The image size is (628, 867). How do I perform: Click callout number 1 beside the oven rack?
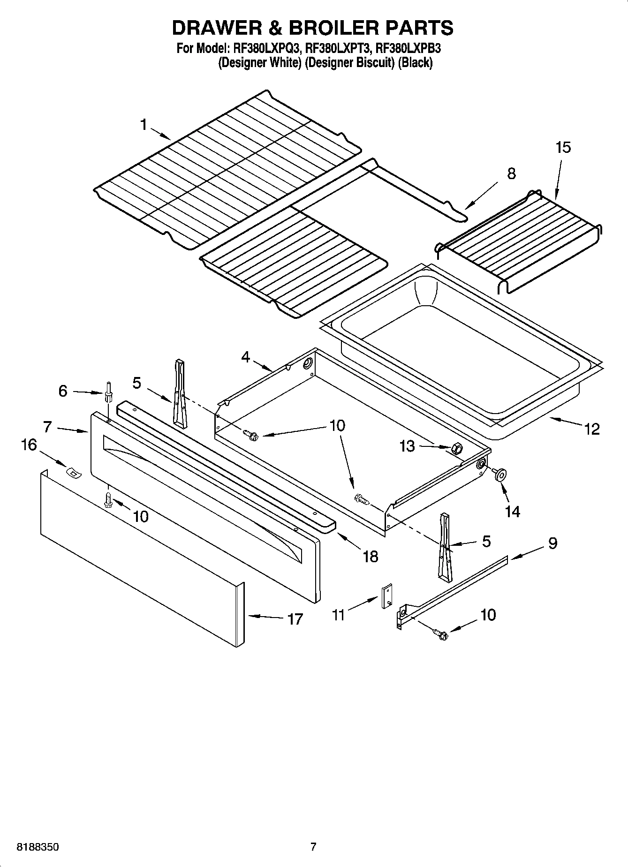[144, 125]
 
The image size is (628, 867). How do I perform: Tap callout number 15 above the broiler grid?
[563, 147]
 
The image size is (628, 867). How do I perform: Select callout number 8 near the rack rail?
[511, 173]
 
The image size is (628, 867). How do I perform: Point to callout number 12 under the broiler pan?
[592, 429]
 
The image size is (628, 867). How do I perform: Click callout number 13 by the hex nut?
[407, 446]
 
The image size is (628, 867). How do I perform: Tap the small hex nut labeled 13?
[454, 449]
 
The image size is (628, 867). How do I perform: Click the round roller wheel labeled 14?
[499, 475]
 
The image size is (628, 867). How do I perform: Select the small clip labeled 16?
[73, 473]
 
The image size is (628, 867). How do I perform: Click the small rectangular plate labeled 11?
[387, 597]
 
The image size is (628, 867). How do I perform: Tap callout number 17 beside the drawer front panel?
[295, 619]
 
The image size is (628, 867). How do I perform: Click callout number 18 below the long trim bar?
[370, 557]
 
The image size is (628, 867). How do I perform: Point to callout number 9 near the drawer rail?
[552, 543]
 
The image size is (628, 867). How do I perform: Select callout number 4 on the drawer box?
[246, 357]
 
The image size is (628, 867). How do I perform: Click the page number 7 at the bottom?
[313, 846]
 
